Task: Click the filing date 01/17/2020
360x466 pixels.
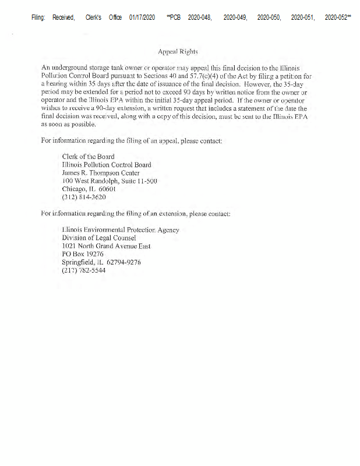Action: coord(142,19)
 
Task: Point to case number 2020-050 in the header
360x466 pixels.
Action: coord(269,19)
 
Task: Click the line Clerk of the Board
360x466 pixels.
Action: coord(88,157)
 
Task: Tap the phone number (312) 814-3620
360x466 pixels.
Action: coord(84,197)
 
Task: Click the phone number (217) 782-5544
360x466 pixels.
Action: coord(84,271)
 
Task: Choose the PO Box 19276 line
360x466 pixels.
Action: coord(82,254)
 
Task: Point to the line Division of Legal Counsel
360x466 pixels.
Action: coord(98,238)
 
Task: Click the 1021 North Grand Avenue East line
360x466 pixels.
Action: coord(106,246)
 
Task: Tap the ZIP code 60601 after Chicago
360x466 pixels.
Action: coord(107,189)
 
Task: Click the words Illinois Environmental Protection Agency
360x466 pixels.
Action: coord(120,230)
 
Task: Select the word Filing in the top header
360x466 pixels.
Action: coord(38,19)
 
